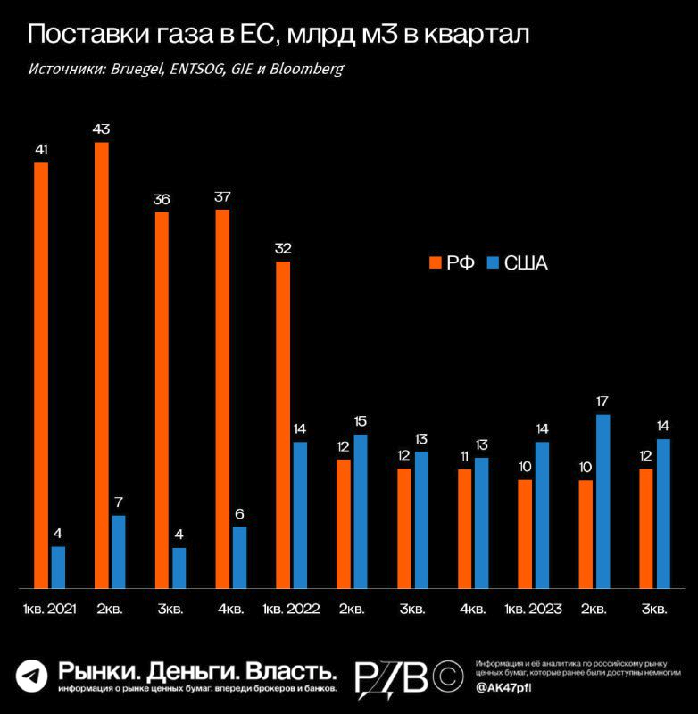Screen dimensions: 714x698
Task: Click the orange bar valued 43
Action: click(x=101, y=365)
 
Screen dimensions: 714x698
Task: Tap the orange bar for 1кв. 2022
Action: click(x=283, y=425)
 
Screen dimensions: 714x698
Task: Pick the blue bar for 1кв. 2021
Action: click(x=58, y=568)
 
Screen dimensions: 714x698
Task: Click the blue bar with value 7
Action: click(x=119, y=552)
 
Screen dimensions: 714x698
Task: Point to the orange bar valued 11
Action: click(x=464, y=528)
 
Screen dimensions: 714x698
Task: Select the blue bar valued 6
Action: click(x=240, y=557)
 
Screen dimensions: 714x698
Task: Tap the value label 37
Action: click(x=222, y=197)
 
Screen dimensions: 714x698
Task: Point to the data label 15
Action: click(x=361, y=420)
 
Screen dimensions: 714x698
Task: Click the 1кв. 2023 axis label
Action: click(x=533, y=610)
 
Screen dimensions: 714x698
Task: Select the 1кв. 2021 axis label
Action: click(x=49, y=610)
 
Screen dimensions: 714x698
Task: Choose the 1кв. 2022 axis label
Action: click(x=291, y=610)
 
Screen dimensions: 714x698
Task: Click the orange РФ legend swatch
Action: click(x=436, y=262)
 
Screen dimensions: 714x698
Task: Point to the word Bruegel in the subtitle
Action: click(x=135, y=69)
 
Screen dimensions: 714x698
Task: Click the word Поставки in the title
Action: click(x=81, y=36)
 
